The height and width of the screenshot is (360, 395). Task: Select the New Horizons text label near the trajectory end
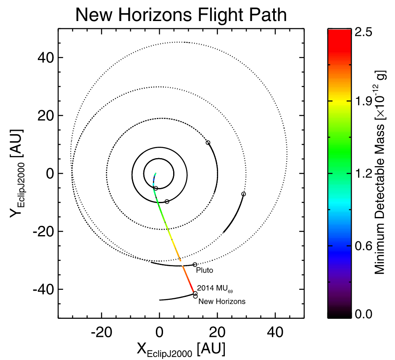point(222,301)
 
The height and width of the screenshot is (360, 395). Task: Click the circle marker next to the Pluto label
point(195,265)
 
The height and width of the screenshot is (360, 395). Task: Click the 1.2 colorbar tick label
point(365,174)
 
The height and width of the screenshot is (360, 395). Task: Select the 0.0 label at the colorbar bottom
point(365,314)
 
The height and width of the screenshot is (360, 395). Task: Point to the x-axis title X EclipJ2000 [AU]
point(181,349)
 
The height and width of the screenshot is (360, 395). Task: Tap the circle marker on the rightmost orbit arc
point(243,194)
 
